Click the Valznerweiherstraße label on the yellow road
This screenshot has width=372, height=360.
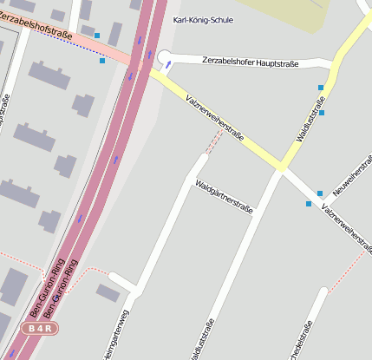tap(215, 119)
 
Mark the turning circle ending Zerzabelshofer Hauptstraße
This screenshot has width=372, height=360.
tap(165, 59)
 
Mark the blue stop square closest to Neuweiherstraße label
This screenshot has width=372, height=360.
tap(320, 193)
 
